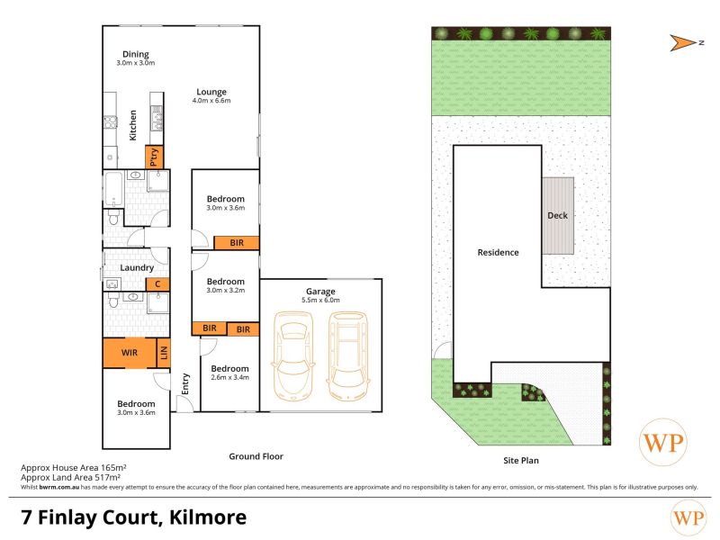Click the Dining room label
point(136,54)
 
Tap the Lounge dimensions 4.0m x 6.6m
point(211,101)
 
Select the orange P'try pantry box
point(154,157)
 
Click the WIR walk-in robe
point(130,353)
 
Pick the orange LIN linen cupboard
point(164,353)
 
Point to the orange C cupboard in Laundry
point(157,284)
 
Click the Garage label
point(320,291)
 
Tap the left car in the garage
point(292,355)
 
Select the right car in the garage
point(348,355)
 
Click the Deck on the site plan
point(557,215)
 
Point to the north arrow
point(683,42)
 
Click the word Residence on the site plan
point(499,252)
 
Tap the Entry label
point(185,383)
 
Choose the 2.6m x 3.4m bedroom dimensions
point(229,377)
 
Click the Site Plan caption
point(521,460)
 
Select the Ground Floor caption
point(256,456)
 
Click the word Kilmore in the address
point(208,517)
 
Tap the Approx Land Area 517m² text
point(71,477)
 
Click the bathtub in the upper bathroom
point(113,189)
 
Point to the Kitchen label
point(132,125)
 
